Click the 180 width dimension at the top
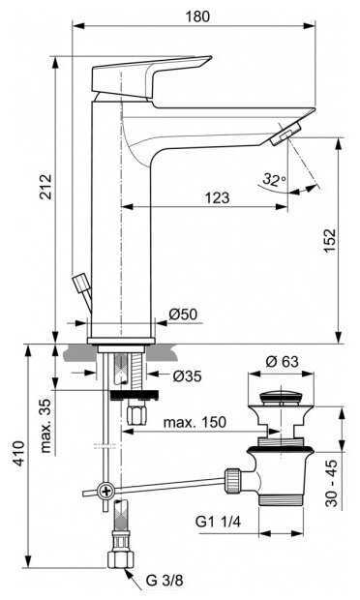[x=196, y=17]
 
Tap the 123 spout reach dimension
[x=218, y=197]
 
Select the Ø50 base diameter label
[x=183, y=315]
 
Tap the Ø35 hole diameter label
[x=188, y=377]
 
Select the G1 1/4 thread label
[x=219, y=524]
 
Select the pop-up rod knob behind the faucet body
[x=82, y=286]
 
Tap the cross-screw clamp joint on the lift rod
[x=107, y=492]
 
